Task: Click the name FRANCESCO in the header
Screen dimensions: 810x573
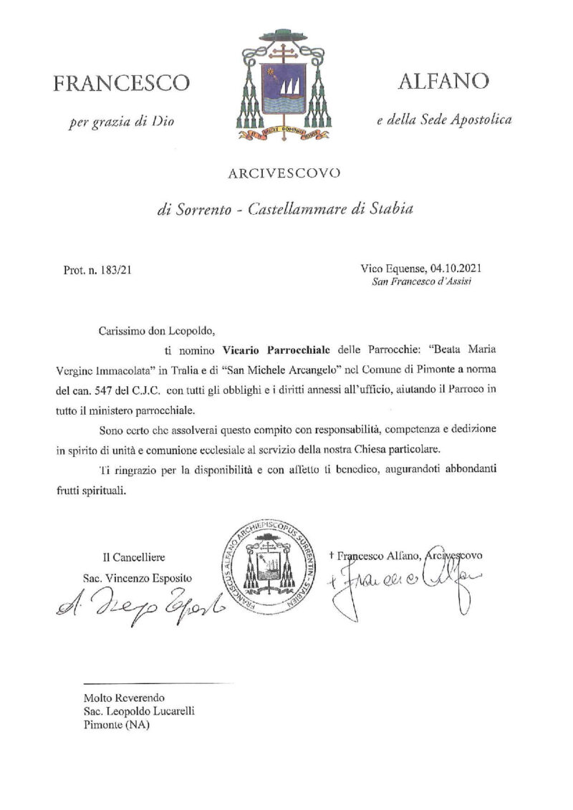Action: [122, 83]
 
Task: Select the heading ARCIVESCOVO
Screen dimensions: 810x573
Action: [284, 173]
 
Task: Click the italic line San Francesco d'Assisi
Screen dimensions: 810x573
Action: [421, 281]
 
